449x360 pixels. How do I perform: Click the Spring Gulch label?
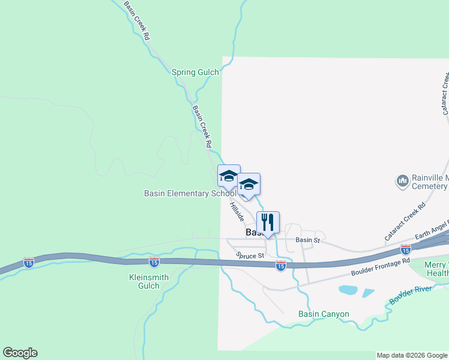[x=195, y=72]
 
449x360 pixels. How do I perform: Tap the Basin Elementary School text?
[x=190, y=193]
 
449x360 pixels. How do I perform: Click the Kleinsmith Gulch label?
[x=145, y=281]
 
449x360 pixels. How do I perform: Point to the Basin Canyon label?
[x=324, y=314]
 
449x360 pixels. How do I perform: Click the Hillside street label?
[x=237, y=213]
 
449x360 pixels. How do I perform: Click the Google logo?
[x=20, y=353]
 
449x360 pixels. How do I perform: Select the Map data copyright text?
[x=412, y=355]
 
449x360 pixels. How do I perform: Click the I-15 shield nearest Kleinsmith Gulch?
[x=154, y=262]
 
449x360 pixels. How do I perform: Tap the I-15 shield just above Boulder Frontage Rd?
[x=405, y=249]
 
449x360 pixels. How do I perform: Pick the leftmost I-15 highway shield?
[x=29, y=262]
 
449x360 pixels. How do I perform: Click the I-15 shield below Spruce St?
[x=280, y=265]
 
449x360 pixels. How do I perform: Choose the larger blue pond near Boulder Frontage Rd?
[x=349, y=290]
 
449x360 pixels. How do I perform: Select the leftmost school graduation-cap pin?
[x=228, y=176]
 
